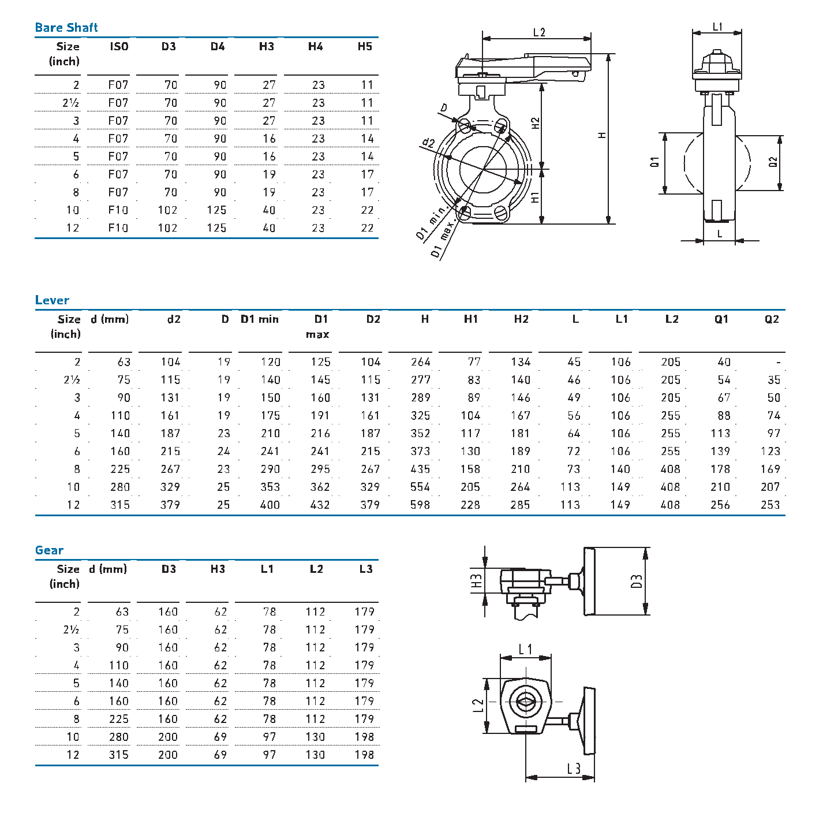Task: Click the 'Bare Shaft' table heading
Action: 66,28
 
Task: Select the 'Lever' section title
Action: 52,300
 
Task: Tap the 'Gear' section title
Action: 49,550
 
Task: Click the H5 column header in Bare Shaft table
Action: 365,46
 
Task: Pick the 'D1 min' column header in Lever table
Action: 260,319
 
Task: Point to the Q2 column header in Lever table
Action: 772,319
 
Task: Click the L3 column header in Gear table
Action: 365,569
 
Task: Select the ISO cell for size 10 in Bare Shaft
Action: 118,210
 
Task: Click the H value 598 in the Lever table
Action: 420,505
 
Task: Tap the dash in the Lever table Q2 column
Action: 778,363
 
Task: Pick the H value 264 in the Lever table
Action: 420,362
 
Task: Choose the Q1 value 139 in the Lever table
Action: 720,451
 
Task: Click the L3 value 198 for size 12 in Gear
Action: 364,755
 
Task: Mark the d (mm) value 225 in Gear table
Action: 119,719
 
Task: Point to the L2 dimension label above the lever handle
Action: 539,32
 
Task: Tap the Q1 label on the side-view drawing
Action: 654,162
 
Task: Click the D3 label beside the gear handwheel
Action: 637,581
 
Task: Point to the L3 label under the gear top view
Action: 574,769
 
